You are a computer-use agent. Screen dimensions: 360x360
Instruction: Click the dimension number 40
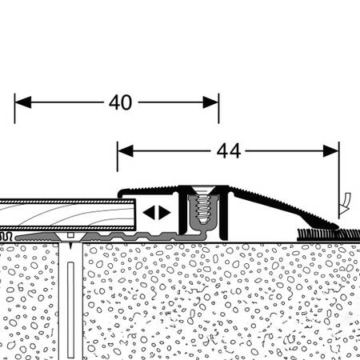[120, 102]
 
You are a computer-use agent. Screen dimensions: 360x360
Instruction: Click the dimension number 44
[229, 151]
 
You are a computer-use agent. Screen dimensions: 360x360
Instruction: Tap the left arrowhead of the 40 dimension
[23, 102]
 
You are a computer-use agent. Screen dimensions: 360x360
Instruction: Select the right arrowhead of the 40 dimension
[210, 102]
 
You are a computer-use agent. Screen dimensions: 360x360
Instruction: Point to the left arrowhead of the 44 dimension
[126, 151]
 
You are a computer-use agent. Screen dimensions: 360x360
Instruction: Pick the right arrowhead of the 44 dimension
[331, 151]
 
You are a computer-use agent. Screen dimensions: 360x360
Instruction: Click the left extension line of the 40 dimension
[14, 109]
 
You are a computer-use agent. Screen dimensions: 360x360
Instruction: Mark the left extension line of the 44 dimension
[118, 157]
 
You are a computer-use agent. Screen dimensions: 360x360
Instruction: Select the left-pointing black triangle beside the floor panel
[149, 213]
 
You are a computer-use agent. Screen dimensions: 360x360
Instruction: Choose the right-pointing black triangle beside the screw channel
[165, 213]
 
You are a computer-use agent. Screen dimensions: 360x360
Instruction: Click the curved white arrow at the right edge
[345, 203]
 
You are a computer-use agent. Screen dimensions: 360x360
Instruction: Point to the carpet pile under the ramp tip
[328, 234]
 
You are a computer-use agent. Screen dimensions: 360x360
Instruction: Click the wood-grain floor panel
[66, 214]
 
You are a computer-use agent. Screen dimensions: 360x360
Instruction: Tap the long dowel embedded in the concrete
[70, 310]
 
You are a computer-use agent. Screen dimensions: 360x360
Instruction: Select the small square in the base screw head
[70, 235]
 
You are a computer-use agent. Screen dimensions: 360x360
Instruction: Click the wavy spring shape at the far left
[6, 236]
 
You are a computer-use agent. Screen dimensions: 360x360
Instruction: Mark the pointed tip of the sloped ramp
[338, 227]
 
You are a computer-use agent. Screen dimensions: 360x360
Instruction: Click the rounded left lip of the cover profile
[122, 193]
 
